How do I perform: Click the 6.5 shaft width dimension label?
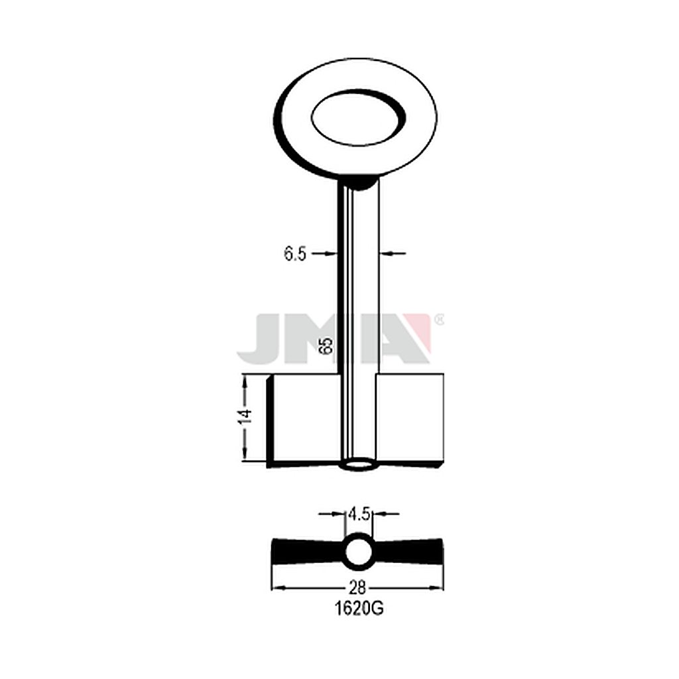(x=295, y=254)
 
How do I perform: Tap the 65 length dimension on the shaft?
(x=328, y=345)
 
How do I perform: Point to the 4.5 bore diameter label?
(x=359, y=514)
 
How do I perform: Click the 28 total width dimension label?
(x=357, y=587)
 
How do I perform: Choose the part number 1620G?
(x=359, y=609)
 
